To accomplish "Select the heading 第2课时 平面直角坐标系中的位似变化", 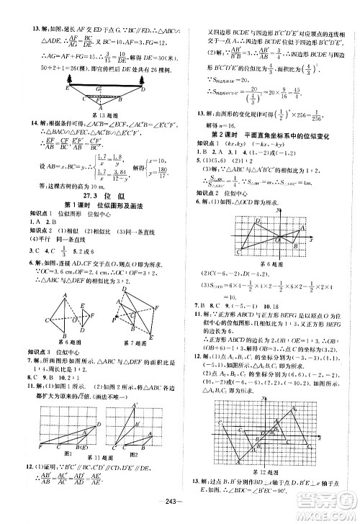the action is pyautogui.click(x=270, y=135).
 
